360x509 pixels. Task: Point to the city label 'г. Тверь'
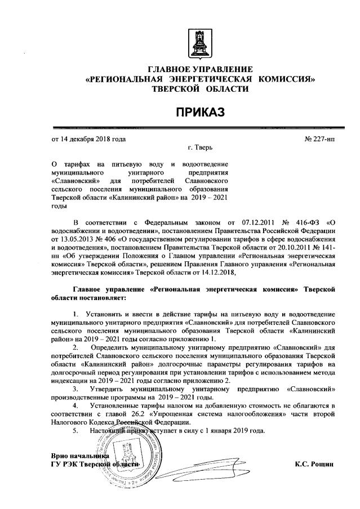200,149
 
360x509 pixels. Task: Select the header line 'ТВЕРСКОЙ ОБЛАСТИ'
199,89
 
